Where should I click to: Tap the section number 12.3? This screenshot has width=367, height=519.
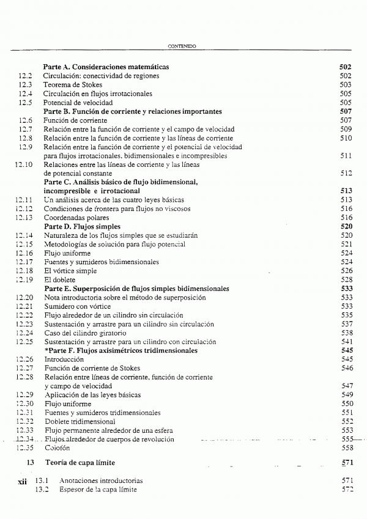(25, 85)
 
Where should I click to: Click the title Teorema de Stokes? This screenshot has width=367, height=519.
(73, 85)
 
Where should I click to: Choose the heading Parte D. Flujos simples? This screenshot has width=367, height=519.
(81, 226)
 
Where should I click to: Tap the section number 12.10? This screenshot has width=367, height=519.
(23, 164)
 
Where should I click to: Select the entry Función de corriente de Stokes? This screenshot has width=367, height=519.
(92, 369)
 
